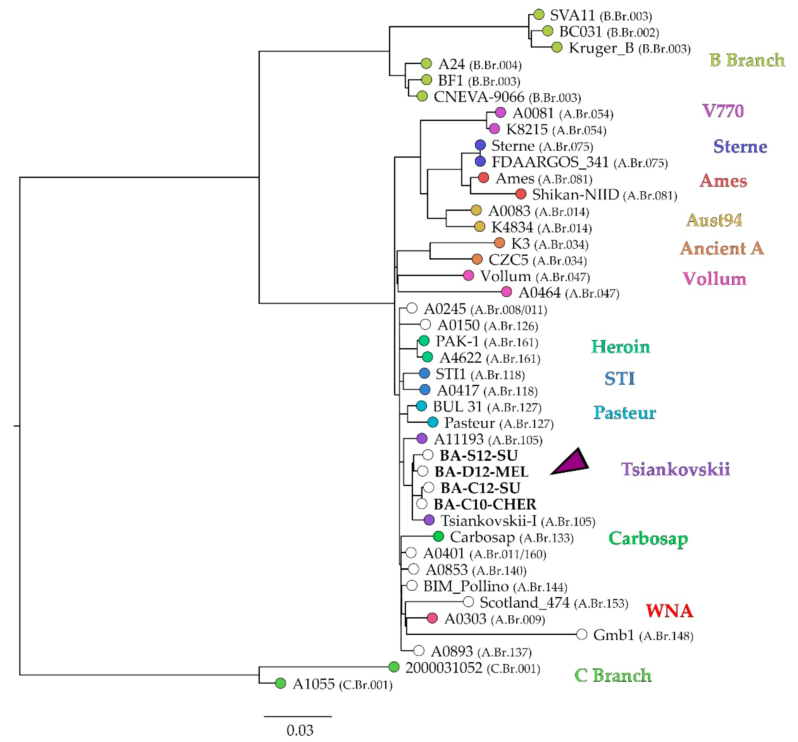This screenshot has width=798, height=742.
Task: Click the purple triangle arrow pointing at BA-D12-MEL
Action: (572, 463)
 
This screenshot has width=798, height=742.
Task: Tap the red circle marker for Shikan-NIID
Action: (521, 194)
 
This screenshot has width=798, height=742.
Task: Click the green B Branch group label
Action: (747, 60)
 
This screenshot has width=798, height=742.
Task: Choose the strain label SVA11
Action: (572, 15)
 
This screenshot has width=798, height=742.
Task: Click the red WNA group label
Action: (669, 611)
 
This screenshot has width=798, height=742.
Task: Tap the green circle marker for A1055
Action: (280, 683)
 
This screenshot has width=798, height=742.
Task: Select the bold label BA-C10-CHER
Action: (484, 504)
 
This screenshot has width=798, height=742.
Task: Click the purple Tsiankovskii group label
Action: (675, 469)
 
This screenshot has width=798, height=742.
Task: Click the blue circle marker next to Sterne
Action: (480, 145)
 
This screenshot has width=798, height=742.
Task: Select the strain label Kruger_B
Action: (601, 48)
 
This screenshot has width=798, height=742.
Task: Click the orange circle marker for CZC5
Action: (477, 259)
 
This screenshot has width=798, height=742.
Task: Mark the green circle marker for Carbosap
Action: (438, 536)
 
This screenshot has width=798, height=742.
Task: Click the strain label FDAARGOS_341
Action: (550, 162)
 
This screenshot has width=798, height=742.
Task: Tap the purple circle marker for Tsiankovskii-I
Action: (429, 520)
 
